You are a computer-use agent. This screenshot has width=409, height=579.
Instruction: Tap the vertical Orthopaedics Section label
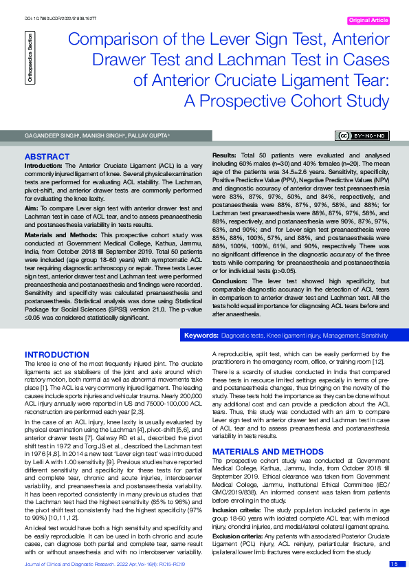(x=30, y=49)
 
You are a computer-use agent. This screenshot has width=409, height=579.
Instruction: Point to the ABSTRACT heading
(x=47, y=157)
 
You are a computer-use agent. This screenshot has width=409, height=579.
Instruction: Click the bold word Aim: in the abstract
(x=32, y=208)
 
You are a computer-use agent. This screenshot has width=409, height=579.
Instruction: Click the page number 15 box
(x=394, y=564)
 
